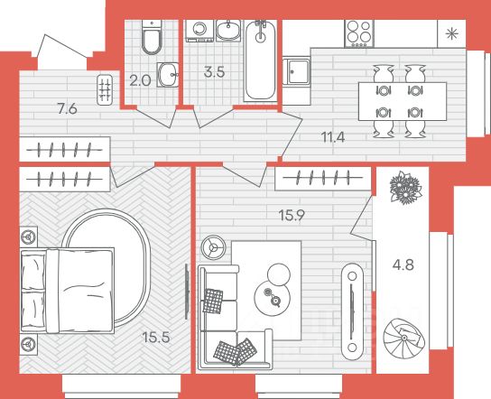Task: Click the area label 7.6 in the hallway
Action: pyautogui.click(x=68, y=109)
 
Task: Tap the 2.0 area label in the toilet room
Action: pyautogui.click(x=140, y=81)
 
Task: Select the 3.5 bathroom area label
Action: pyautogui.click(x=214, y=72)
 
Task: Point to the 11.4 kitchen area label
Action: pyautogui.click(x=333, y=137)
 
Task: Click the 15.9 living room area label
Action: pyautogui.click(x=292, y=216)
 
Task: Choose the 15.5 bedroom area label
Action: pyautogui.click(x=156, y=338)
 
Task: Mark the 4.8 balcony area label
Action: pyautogui.click(x=403, y=265)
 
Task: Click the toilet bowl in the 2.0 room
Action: pyautogui.click(x=152, y=37)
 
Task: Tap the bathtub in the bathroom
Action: pyautogui.click(x=260, y=60)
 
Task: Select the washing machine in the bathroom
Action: pyautogui.click(x=199, y=31)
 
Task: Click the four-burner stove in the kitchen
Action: pyautogui.click(x=359, y=33)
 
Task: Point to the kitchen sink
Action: pyautogui.click(x=296, y=71)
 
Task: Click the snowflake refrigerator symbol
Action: pyautogui.click(x=451, y=33)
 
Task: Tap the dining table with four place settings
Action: pyautogui.click(x=403, y=101)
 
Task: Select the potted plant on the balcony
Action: pyautogui.click(x=405, y=188)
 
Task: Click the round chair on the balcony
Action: pyautogui.click(x=404, y=339)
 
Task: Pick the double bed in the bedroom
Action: pyautogui.click(x=68, y=290)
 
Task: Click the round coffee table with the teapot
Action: pyautogui.click(x=273, y=296)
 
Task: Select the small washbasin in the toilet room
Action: pyautogui.click(x=168, y=75)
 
